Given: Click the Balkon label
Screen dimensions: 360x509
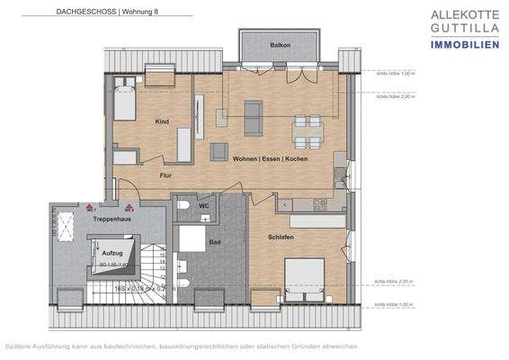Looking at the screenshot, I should (x=280, y=45).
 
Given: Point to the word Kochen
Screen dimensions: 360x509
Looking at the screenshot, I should (x=296, y=158).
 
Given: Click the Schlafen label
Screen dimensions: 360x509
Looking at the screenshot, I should (x=281, y=236).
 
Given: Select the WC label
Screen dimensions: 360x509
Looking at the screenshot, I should (x=203, y=205).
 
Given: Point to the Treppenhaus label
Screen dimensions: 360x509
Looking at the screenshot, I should (x=108, y=218).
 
